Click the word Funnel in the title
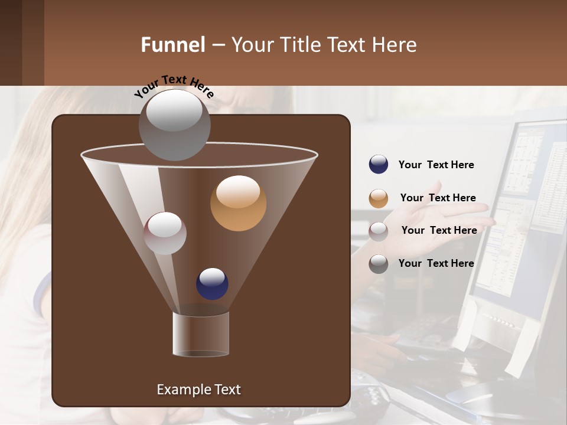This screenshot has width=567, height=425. tap(173, 45)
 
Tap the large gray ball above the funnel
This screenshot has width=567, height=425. tap(174, 125)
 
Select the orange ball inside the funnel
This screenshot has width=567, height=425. tap(238, 203)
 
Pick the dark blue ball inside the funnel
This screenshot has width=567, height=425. tap(212, 283)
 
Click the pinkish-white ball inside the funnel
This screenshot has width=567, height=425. tap(165, 233)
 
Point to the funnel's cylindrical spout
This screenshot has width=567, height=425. tap(201, 334)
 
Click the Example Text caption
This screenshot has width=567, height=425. tap(198, 390)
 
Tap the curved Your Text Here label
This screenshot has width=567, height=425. tap(174, 86)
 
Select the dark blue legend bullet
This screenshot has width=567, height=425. tap(379, 165)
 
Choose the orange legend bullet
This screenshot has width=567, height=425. tap(379, 198)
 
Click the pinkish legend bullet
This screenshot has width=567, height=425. tap(379, 231)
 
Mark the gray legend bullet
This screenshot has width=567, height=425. tap(379, 264)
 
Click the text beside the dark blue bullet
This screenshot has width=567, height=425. tap(436, 165)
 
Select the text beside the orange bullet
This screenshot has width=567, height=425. tap(438, 198)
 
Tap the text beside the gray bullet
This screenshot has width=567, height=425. tap(436, 263)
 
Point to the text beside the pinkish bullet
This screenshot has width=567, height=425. tap(439, 230)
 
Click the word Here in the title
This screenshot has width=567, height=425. tap(395, 45)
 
